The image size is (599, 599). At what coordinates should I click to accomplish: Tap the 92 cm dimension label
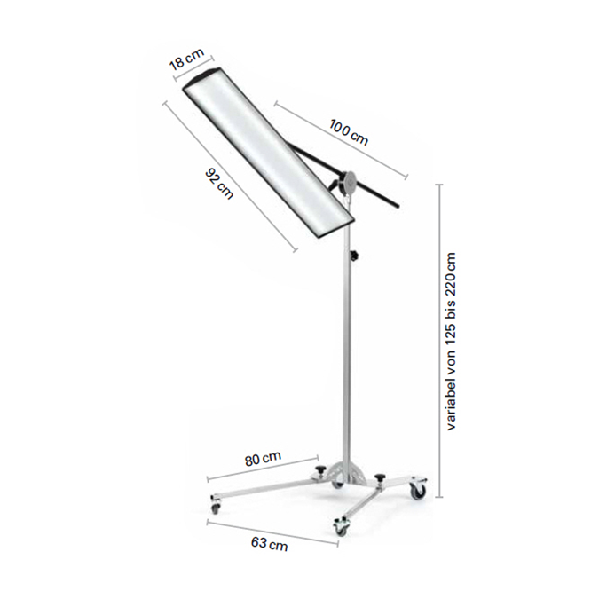[x=219, y=183]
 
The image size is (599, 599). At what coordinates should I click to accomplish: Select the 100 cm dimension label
[x=349, y=132]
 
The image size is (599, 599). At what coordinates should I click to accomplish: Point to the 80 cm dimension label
[x=264, y=458]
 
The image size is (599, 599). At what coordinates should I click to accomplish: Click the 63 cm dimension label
[x=270, y=545]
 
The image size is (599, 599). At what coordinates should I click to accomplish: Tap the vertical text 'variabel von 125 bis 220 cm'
[x=452, y=341]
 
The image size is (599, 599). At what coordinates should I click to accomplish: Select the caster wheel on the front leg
[x=341, y=527]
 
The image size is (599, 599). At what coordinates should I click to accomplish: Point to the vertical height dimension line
[x=439, y=341]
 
